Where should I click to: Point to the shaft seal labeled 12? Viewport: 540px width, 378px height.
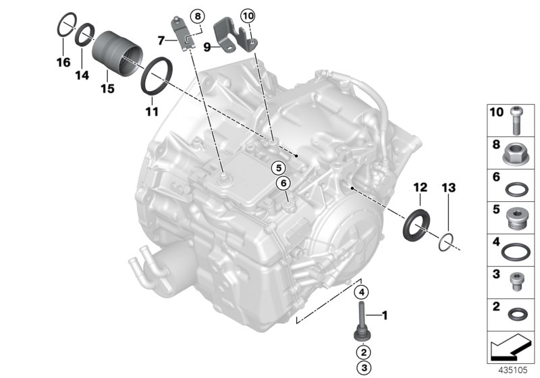pyautogui.click(x=416, y=225)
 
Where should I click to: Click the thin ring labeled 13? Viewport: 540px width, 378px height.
pyautogui.click(x=444, y=240)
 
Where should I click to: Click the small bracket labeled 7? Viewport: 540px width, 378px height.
pyautogui.click(x=182, y=34)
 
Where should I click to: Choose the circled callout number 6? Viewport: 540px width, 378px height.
pyautogui.click(x=283, y=182)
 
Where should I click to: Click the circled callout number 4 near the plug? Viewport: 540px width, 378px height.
pyautogui.click(x=362, y=292)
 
